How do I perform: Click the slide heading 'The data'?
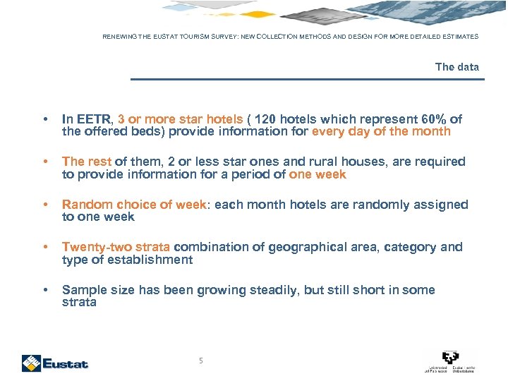click(x=456, y=67)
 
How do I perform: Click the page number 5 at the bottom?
click(x=201, y=361)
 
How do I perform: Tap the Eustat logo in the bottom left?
click(x=55, y=363)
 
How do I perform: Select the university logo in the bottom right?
click(x=449, y=361)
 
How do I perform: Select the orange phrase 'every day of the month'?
click(x=381, y=132)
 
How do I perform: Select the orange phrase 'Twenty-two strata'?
click(x=116, y=247)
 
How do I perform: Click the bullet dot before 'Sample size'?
click(x=45, y=291)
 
